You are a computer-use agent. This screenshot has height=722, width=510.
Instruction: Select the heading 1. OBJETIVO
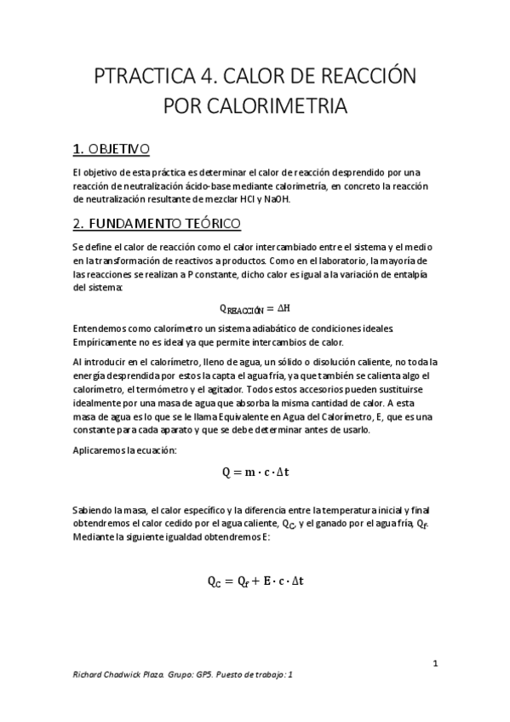pyautogui.click(x=112, y=150)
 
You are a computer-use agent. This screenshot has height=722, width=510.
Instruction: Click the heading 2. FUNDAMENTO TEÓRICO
pyautogui.click(x=158, y=224)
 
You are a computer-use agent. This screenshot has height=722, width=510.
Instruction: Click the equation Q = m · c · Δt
pyautogui.click(x=255, y=470)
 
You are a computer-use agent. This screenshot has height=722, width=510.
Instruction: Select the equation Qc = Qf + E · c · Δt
pyautogui.click(x=255, y=582)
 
